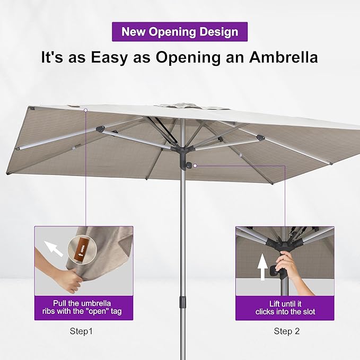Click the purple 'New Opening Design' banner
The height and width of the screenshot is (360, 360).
click(180, 31)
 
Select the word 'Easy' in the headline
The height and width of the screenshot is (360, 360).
click(105, 57)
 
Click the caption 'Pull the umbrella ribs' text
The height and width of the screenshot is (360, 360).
click(83, 307)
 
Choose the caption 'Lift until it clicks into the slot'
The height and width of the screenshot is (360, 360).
click(285, 307)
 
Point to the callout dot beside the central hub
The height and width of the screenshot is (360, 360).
click(195, 166)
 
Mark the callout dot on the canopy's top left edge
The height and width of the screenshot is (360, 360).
click(85, 110)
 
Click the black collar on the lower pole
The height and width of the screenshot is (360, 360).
click(182, 302)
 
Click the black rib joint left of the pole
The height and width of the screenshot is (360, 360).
click(100, 129)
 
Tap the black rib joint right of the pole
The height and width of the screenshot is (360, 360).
click(258, 138)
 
